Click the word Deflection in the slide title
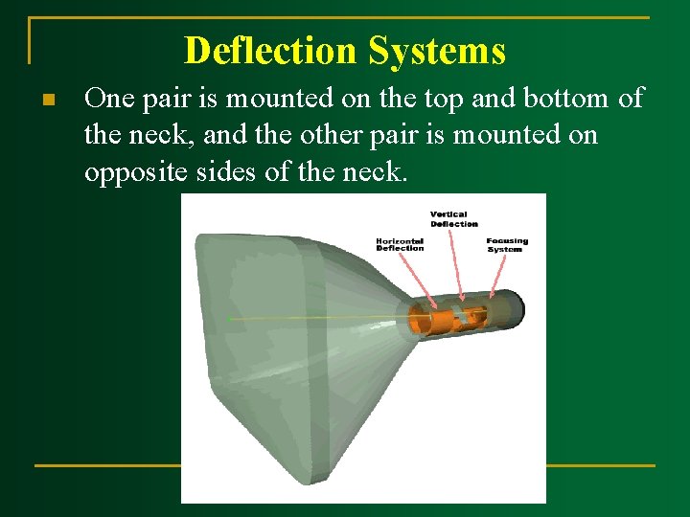pos(264,50)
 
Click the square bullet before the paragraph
pos(47,100)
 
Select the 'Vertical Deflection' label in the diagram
pos(453,218)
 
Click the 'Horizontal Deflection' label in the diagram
pos(400,244)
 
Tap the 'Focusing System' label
pos(506,244)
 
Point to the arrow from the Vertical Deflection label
pos(459,263)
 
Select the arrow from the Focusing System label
pos(495,273)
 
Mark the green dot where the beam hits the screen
pos(230,318)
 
